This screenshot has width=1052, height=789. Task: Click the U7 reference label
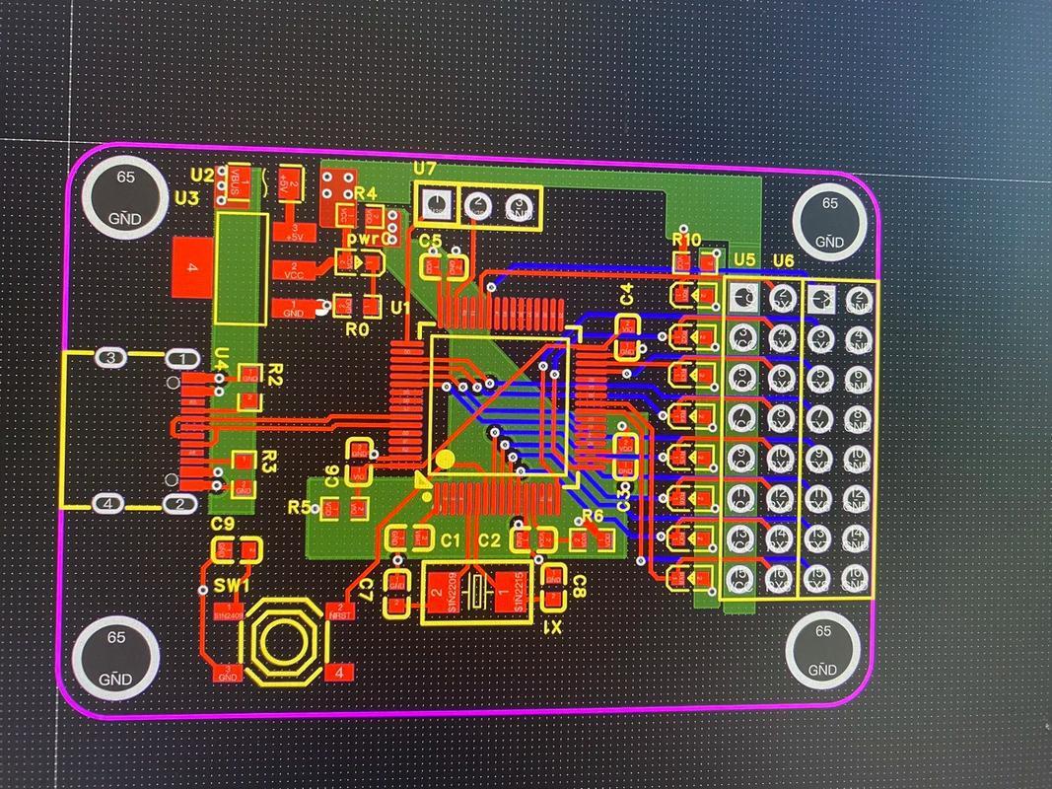(x=425, y=170)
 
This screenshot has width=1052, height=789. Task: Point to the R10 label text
(x=686, y=240)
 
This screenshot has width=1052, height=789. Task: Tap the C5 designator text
(x=430, y=242)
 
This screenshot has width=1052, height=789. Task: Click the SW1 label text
(x=230, y=586)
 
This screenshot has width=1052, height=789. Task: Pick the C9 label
(x=223, y=524)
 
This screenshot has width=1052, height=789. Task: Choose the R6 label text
(x=592, y=516)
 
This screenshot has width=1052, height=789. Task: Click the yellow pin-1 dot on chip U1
(x=446, y=459)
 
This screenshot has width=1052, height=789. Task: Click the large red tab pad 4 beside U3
(x=193, y=267)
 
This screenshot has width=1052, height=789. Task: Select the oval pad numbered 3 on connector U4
(x=111, y=357)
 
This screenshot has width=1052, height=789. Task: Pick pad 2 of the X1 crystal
(x=439, y=593)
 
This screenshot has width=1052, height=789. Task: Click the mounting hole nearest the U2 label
(x=124, y=198)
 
